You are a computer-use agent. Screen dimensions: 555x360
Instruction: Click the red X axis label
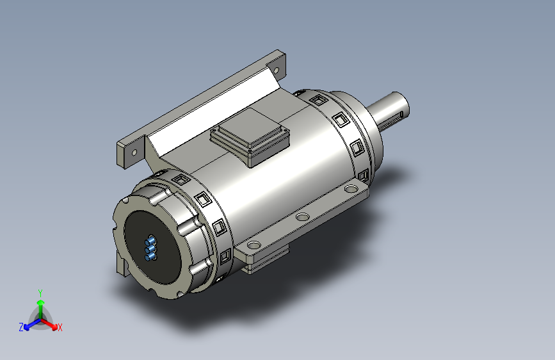click(60, 327)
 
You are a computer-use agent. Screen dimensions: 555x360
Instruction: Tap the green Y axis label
click(40, 293)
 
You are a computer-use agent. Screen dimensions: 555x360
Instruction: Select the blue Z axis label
click(21, 327)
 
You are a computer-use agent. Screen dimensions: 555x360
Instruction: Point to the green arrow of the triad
click(41, 309)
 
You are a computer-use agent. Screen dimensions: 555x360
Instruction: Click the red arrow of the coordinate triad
click(49, 324)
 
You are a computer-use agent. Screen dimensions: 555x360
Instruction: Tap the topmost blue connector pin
click(151, 241)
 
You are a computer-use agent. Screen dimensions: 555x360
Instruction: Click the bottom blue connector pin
click(151, 256)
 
